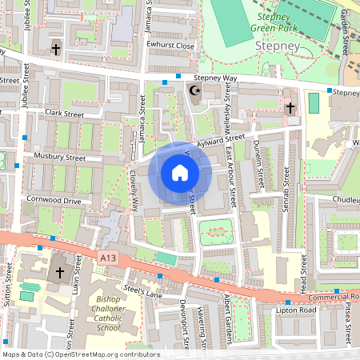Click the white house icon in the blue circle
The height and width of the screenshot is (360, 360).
(x=180, y=173)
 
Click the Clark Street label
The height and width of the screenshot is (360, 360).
(x=64, y=114)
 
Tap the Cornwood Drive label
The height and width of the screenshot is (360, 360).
(x=54, y=201)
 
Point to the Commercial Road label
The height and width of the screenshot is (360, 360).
(x=323, y=295)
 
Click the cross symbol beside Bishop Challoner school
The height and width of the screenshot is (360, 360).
(x=58, y=273)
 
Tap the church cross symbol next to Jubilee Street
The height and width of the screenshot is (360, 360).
(x=56, y=50)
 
